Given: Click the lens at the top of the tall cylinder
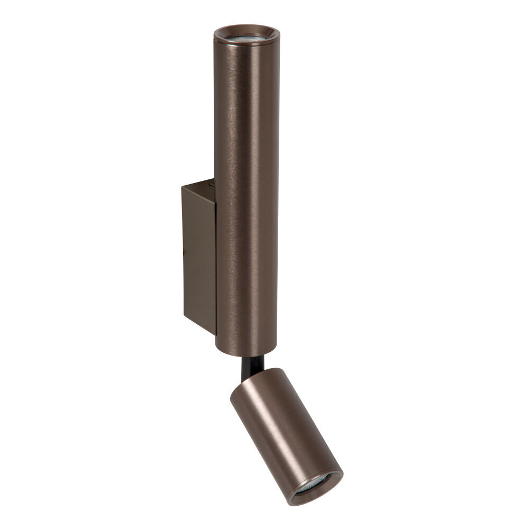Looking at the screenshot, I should [246, 39].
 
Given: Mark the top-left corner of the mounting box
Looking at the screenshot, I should [181, 187].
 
